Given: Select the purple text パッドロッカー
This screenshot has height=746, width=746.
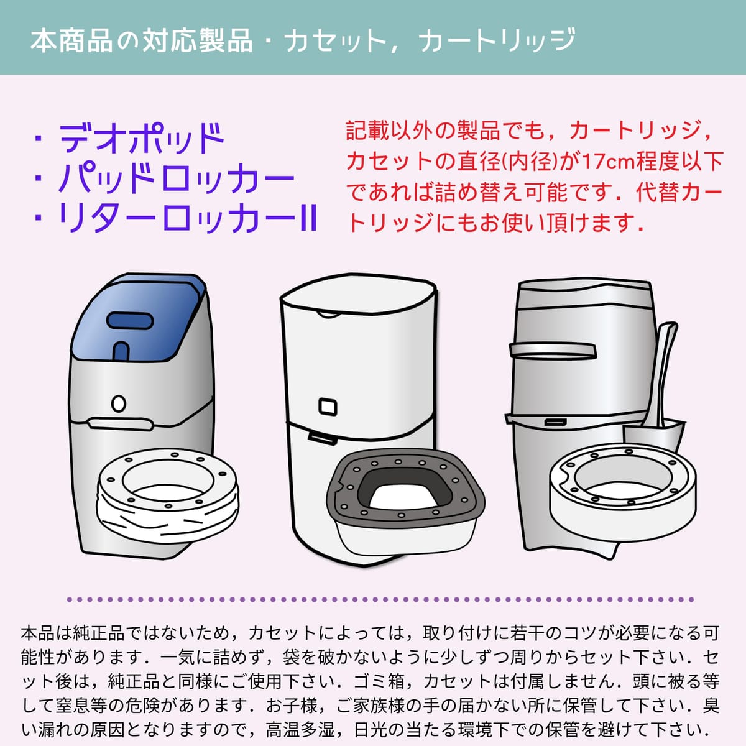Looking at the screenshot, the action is click(176, 178).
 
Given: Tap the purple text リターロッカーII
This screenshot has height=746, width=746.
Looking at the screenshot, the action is click(188, 218).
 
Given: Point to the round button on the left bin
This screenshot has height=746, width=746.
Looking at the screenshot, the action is click(119, 404).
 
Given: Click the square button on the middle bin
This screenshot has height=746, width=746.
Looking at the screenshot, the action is click(328, 407).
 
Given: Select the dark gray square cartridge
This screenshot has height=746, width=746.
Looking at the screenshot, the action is click(405, 489).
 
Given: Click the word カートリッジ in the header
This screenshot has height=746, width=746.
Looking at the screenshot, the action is click(497, 40).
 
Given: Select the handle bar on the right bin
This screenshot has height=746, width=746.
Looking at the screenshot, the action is click(553, 351).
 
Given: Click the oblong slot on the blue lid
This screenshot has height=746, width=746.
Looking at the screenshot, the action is click(130, 321).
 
